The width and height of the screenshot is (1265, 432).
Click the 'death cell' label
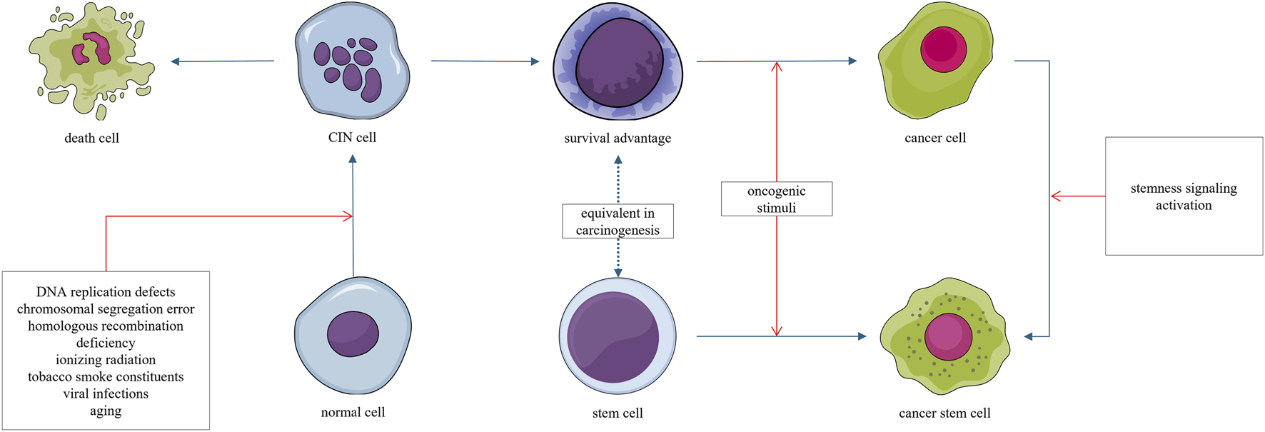point(91,138)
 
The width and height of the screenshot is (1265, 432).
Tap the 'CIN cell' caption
point(352,137)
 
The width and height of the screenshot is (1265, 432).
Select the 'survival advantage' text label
point(618,138)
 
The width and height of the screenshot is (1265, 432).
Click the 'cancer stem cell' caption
point(944,413)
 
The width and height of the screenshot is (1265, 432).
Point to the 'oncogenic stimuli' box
point(776,199)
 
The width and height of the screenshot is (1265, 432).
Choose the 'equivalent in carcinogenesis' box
point(618,221)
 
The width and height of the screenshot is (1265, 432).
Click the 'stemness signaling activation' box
point(1184,196)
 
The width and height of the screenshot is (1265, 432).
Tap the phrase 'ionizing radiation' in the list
point(106,360)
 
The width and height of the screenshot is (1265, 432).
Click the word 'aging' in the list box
point(106,411)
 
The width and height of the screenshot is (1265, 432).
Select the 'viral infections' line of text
point(106,393)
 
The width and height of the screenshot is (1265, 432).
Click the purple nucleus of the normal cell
point(353,333)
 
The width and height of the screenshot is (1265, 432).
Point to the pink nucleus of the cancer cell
point(943,49)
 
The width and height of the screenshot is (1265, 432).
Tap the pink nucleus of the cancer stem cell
point(948,336)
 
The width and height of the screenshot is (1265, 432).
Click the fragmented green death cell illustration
point(91,61)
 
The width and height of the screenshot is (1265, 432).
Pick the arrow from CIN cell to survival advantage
point(485,61)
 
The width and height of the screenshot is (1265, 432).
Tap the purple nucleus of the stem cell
point(613,336)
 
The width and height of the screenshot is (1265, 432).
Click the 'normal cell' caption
point(353,412)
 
